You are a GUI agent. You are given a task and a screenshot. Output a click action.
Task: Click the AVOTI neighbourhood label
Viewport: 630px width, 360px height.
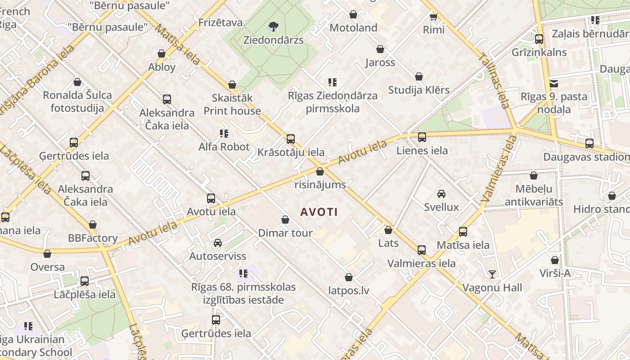click(x=319, y=212)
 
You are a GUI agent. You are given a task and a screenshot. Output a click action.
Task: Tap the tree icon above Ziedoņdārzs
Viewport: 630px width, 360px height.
click(x=273, y=26)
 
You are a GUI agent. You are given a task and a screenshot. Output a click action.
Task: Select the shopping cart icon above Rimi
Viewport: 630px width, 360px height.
click(x=433, y=17)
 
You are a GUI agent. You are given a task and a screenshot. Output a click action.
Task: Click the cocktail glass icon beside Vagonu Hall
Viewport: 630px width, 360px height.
click(x=492, y=274)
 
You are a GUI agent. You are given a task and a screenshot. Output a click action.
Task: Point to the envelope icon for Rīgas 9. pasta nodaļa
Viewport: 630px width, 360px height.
click(x=553, y=83)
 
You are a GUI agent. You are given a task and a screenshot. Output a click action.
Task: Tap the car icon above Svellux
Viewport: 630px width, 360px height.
click(x=441, y=194)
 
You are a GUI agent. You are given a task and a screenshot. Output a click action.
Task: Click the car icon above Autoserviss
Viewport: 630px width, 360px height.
click(x=218, y=243)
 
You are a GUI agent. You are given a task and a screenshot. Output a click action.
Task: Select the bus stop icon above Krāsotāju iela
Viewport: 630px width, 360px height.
click(x=291, y=139)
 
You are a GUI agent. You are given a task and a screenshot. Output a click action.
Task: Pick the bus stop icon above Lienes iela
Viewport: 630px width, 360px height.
click(x=422, y=137)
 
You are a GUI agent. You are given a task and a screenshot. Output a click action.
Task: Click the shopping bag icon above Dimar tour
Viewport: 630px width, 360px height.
click(x=285, y=220)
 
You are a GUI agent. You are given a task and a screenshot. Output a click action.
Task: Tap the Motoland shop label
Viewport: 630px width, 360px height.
click(x=353, y=28)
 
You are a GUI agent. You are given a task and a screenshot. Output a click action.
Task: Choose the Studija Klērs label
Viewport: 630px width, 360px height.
click(x=418, y=90)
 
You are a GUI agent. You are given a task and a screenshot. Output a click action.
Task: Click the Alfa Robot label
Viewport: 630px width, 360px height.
click(x=224, y=147)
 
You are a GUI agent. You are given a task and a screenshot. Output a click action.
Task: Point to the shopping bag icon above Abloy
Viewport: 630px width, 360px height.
click(x=162, y=54)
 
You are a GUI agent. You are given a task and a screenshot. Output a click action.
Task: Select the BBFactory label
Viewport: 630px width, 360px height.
click(x=93, y=238)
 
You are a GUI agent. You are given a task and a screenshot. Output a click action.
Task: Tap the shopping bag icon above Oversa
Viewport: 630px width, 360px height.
click(x=47, y=254)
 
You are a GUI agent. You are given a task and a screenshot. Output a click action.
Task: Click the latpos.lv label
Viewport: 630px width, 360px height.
click(x=348, y=291)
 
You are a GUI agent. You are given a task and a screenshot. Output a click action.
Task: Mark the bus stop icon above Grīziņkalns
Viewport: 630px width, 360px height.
click(x=539, y=39)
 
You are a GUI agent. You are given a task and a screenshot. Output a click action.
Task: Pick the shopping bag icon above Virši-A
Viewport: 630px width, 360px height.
click(x=555, y=260)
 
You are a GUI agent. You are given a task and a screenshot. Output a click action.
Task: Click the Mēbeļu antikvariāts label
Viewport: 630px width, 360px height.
click(x=534, y=195)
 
